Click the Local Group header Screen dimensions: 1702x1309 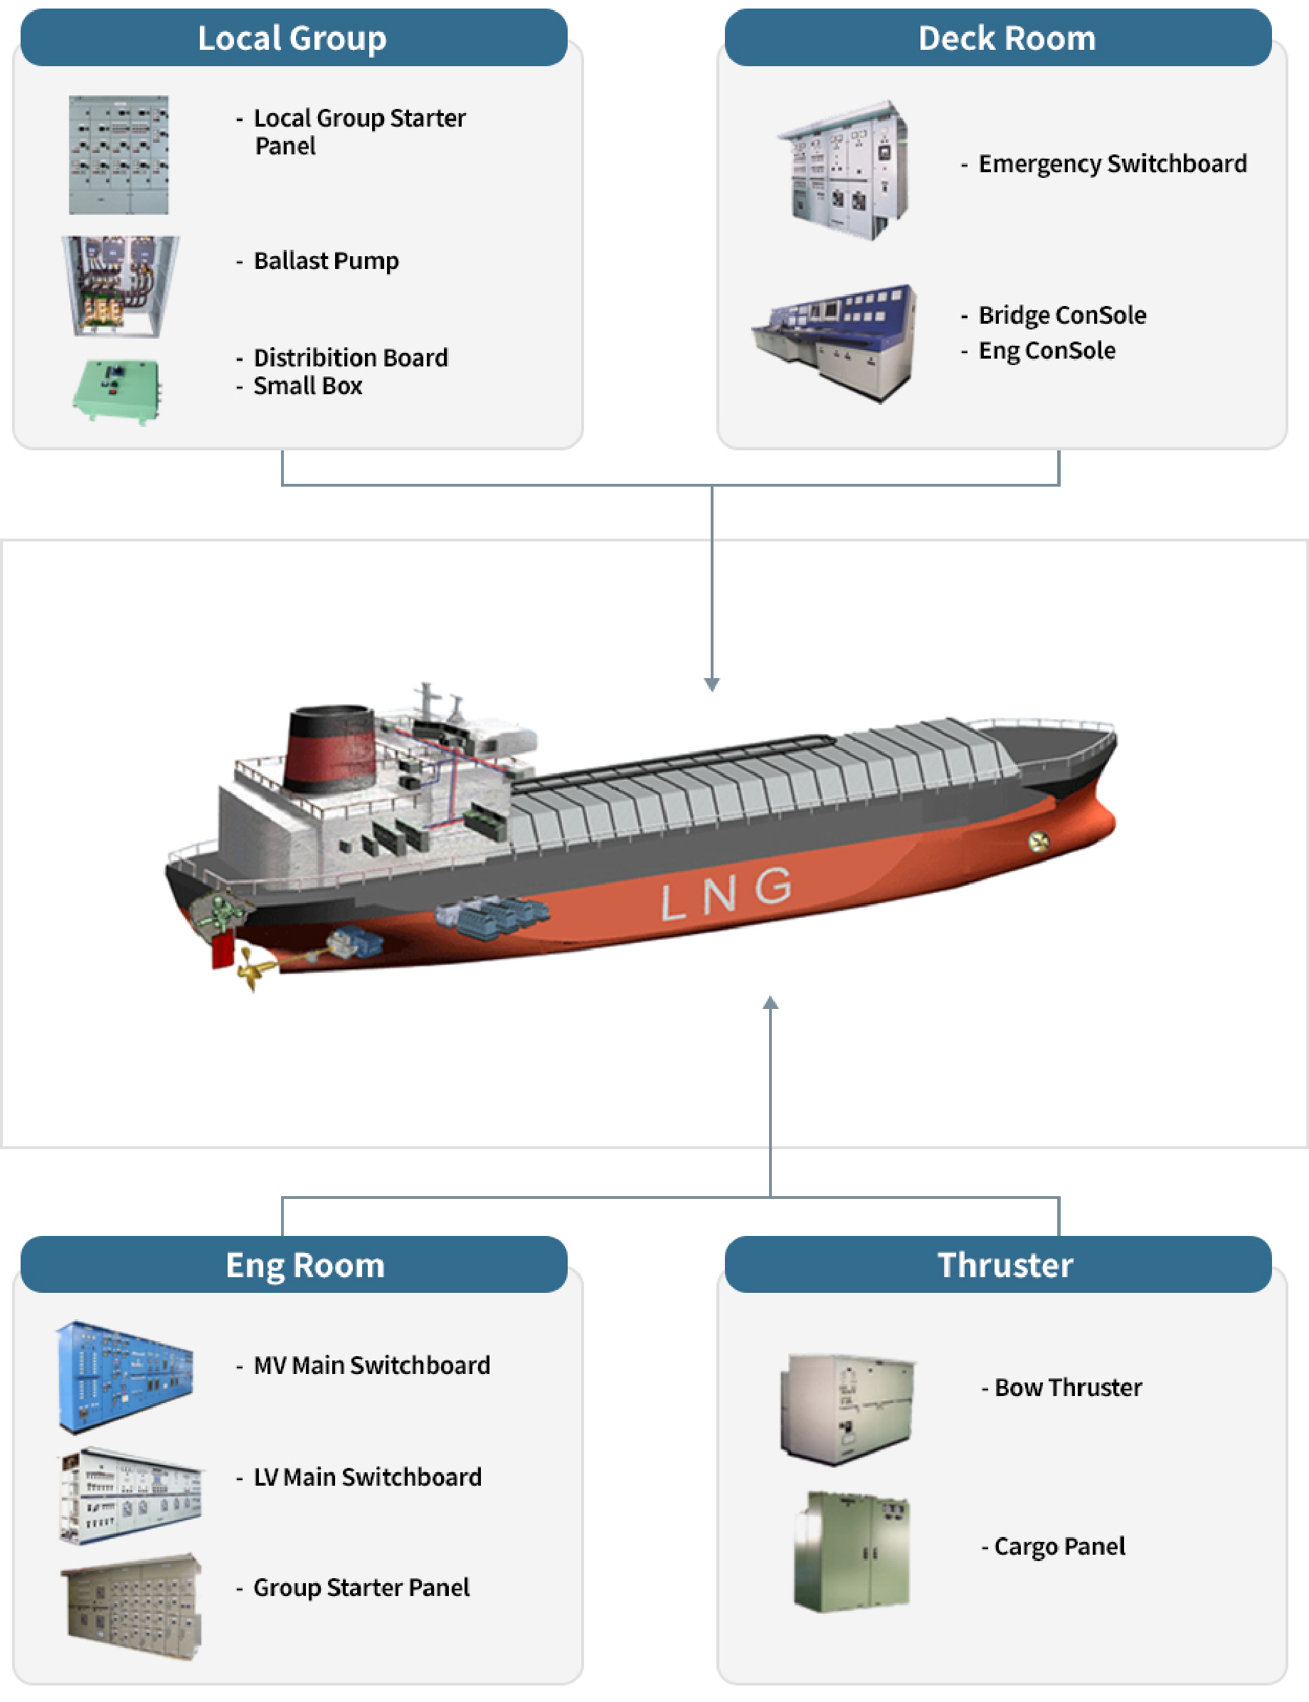[293, 38]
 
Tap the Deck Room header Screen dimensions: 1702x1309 [1007, 38]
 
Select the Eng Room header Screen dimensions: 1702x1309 [304, 1265]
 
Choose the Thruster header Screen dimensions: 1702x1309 [1005, 1265]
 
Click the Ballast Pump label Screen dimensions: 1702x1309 [326, 260]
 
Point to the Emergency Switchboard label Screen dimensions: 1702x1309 [1112, 164]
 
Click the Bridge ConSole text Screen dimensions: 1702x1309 [1062, 314]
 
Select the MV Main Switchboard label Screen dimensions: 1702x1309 [371, 1365]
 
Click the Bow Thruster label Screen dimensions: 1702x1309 [1067, 1387]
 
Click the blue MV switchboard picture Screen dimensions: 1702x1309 [124, 1376]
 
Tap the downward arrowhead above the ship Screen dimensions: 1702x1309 [711, 684]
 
